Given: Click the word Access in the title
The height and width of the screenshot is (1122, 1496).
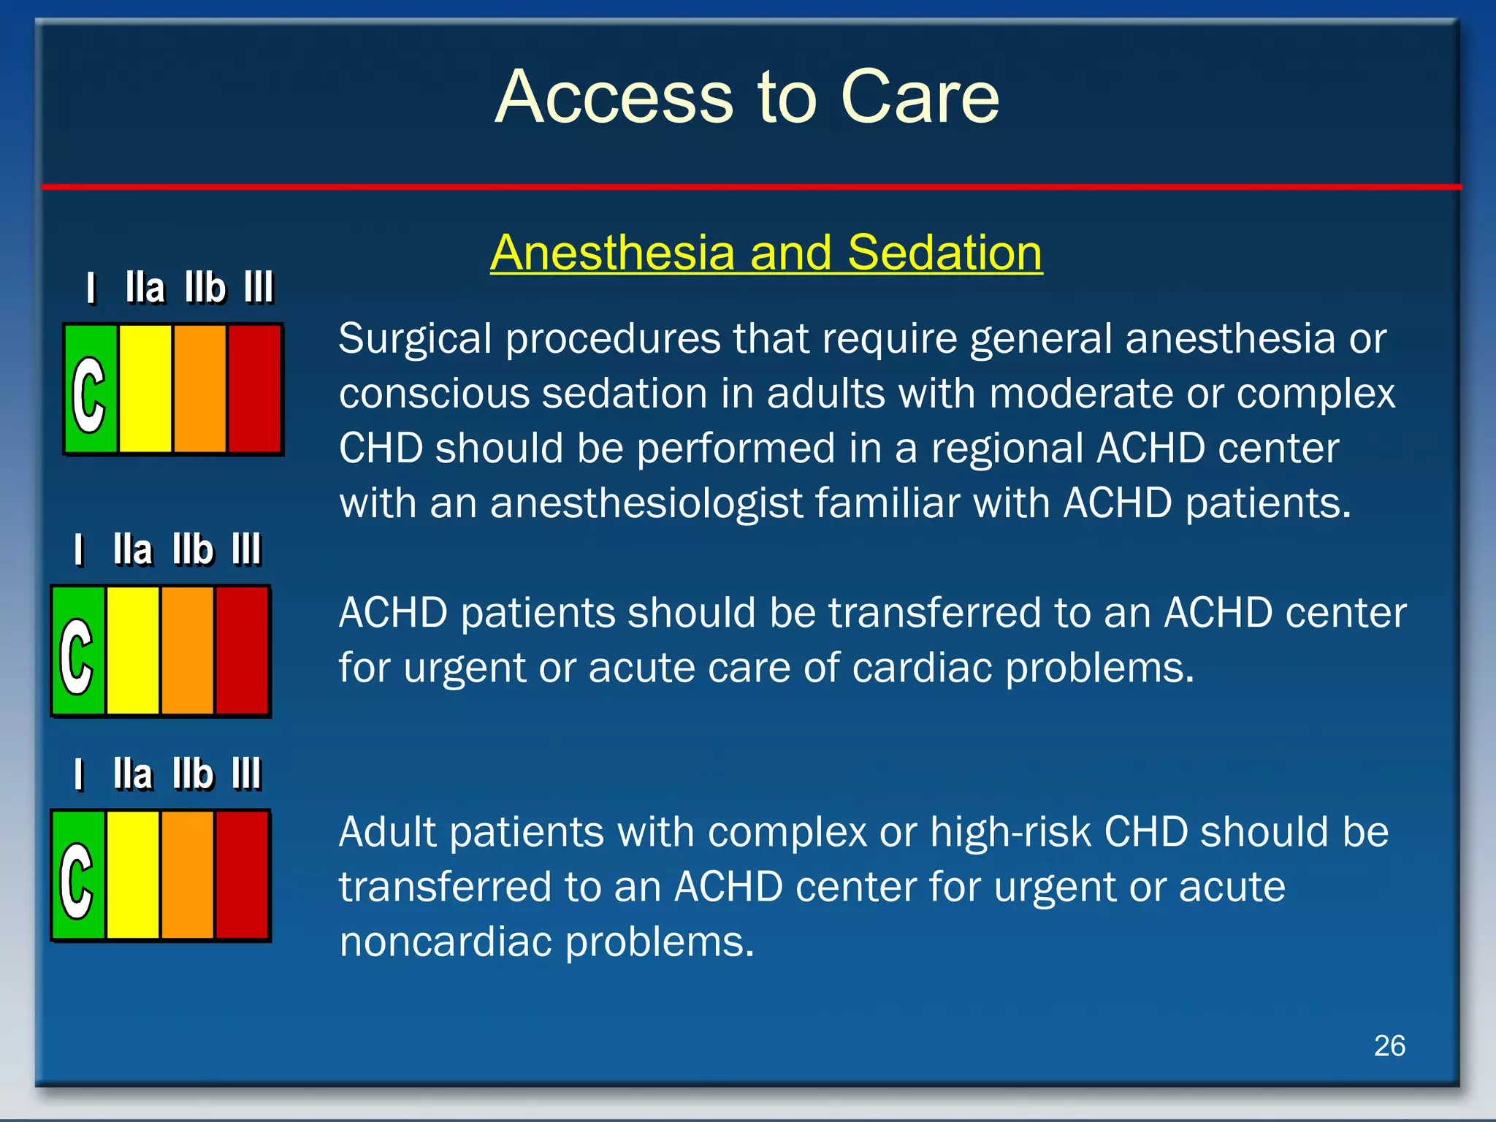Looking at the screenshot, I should (x=614, y=96).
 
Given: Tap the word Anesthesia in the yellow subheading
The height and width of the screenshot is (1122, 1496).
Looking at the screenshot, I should (x=612, y=253).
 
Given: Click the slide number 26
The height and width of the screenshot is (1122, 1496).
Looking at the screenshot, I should (x=1389, y=1046).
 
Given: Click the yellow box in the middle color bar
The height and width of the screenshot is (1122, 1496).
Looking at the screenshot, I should (x=133, y=651).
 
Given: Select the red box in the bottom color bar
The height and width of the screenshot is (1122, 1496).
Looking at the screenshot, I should (x=242, y=875).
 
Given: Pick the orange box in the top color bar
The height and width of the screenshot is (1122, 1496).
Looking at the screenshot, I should (x=200, y=389).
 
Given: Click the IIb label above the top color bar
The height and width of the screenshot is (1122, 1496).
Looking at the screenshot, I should (x=205, y=288).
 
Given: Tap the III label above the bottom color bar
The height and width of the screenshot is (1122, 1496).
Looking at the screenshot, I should (x=247, y=774).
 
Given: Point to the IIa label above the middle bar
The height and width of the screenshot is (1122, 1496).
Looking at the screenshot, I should (x=133, y=550).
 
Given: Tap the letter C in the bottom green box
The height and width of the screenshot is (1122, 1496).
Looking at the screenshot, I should (x=77, y=880).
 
